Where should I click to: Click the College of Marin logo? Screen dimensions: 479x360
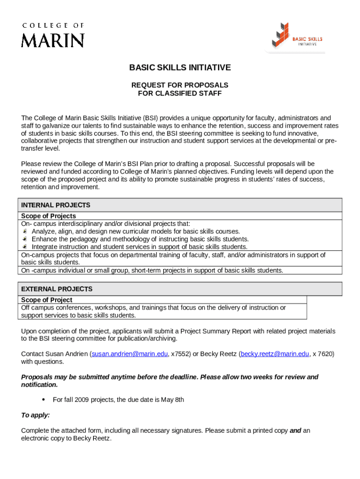[52, 35]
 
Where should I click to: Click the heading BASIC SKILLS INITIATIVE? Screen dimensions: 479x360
[180, 68]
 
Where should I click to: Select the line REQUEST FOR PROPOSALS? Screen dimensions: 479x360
[180, 85]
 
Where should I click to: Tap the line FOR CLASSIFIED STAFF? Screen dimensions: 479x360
[180, 93]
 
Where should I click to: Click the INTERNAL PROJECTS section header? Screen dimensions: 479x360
[56, 205]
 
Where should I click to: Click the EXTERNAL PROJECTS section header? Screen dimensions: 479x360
[57, 289]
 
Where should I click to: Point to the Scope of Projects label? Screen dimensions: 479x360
[49, 216]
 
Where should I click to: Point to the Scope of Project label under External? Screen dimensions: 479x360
[47, 300]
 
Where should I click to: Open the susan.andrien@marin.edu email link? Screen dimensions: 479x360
[130, 354]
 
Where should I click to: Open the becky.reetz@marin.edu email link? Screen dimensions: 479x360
[275, 354]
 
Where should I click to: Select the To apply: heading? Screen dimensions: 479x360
[36, 415]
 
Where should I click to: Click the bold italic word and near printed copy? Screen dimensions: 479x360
[295, 431]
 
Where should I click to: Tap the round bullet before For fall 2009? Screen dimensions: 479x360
[43, 399]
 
